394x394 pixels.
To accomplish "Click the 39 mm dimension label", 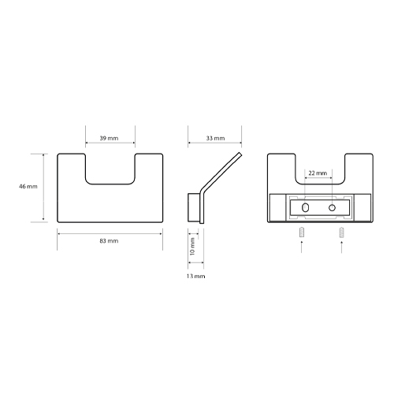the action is coord(109,138).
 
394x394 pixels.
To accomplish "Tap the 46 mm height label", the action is coord(28,187).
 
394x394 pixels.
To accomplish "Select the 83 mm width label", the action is coord(109,241).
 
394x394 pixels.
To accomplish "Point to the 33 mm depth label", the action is coord(215,138).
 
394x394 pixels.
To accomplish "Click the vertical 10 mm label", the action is coord(192,246).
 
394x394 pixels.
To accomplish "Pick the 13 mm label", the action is coord(195,277).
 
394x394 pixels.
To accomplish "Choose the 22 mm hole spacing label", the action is coord(318,173).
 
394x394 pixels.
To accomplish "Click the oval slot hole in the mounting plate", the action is coord(306,208).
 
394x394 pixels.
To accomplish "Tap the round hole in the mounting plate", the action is coord(332,208).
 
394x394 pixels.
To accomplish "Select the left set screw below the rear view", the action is coord(302,232).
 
